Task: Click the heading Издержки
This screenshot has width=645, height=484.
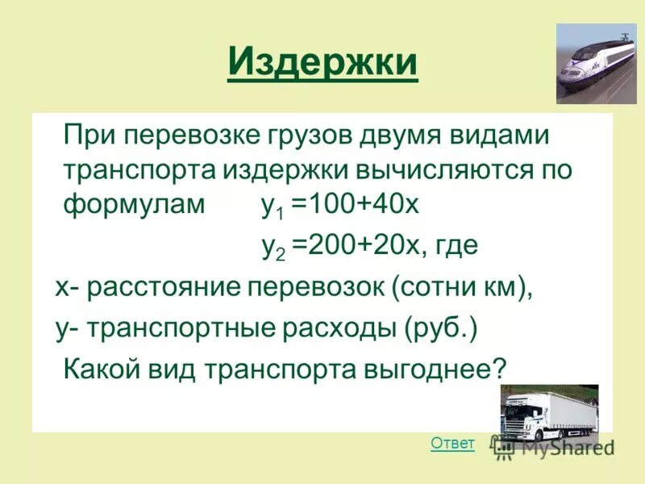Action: click(322, 62)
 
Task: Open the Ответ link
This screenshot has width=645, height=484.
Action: click(452, 443)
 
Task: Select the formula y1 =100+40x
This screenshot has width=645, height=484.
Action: click(340, 205)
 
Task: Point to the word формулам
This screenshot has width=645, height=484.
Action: click(135, 205)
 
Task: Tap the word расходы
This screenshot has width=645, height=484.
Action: click(335, 328)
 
